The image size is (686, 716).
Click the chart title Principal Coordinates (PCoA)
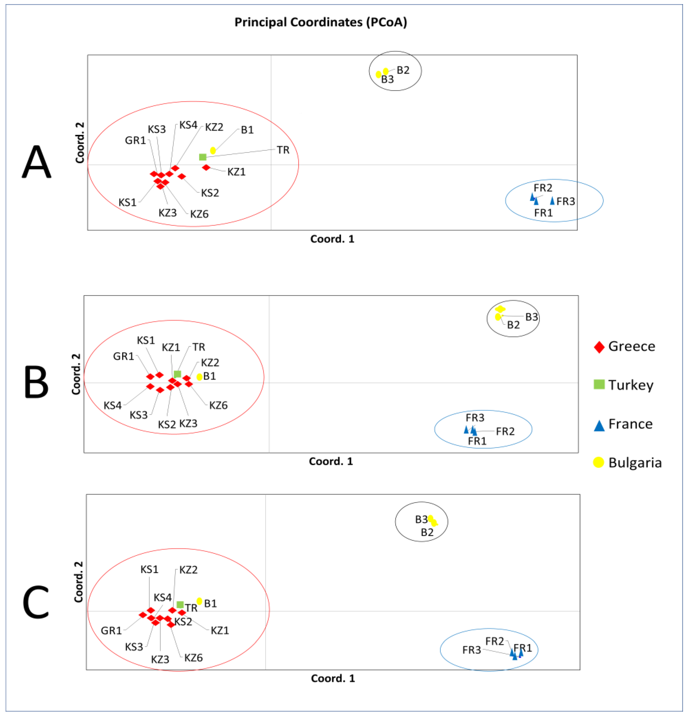pos(320,22)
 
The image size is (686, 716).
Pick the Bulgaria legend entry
pos(627,463)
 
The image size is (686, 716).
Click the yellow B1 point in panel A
pos(213,150)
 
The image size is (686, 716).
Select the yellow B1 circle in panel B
pos(199,377)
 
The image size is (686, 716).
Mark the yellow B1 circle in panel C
pos(199,601)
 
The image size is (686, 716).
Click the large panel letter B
pos(36,382)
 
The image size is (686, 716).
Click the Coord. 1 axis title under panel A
pos(332,239)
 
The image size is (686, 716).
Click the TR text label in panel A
pos(283,150)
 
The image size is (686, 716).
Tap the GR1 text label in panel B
pos(123,356)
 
